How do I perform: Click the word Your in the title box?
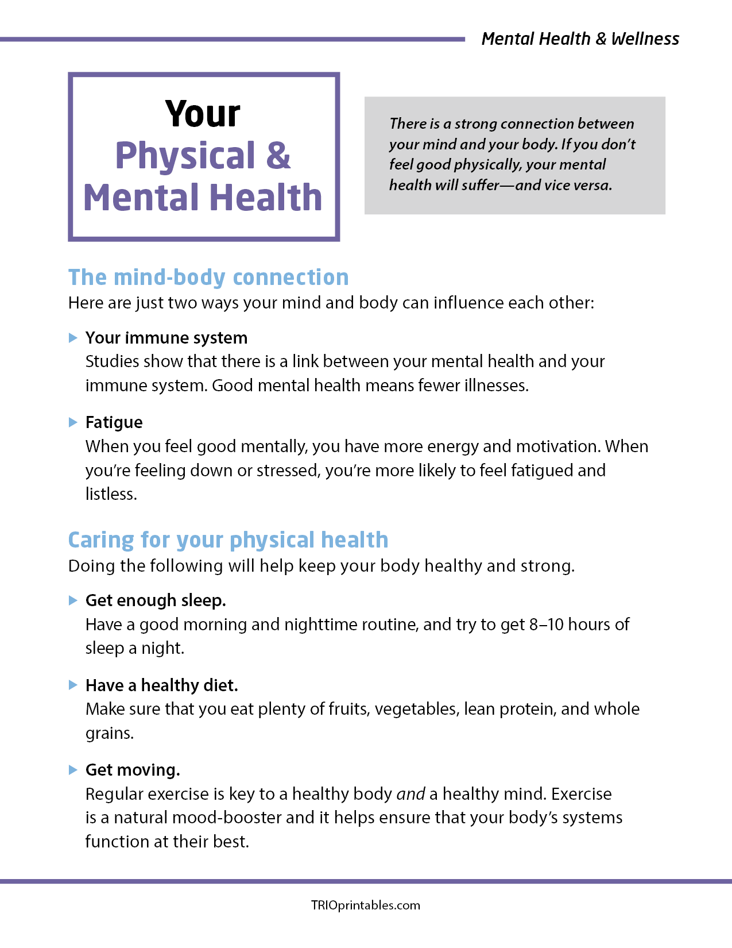click(x=203, y=114)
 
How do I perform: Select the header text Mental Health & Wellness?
click(x=580, y=39)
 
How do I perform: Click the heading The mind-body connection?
click(x=208, y=278)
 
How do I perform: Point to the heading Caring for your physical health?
click(x=228, y=540)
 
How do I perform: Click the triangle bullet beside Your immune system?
click(x=73, y=338)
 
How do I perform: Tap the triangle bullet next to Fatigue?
click(x=73, y=422)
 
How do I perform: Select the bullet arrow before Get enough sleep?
click(x=73, y=600)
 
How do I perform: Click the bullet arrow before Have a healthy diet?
click(x=73, y=685)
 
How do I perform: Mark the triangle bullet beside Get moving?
click(x=73, y=770)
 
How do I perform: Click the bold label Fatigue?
click(x=114, y=422)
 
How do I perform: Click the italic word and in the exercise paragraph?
click(x=410, y=794)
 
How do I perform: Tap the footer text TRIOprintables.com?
click(x=366, y=905)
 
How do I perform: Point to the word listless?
click(x=111, y=494)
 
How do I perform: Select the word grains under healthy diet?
click(x=109, y=734)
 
